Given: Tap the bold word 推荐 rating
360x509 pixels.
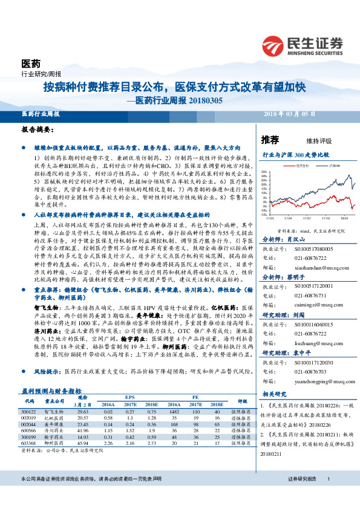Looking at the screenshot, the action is (x=270, y=140).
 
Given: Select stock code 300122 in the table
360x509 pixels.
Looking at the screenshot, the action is (x=28, y=410).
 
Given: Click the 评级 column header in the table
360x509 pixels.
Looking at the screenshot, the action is (x=243, y=401).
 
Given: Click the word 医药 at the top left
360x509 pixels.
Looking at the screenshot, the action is (x=31, y=63).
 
